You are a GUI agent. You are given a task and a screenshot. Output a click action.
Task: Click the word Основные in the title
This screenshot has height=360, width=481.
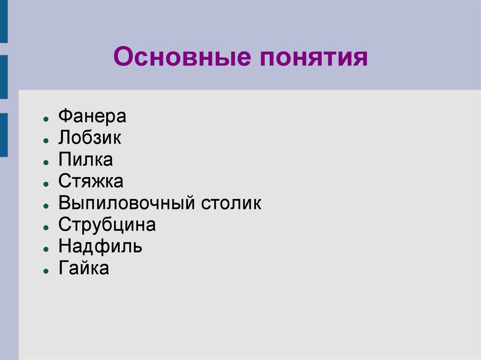179,58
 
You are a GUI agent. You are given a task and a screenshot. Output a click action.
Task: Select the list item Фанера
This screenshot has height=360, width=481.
92,116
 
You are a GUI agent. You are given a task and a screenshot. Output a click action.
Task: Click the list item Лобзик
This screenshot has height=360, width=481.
90,138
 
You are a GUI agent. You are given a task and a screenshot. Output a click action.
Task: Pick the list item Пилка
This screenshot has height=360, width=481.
85,160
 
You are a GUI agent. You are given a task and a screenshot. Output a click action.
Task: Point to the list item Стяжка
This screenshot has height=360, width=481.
91,181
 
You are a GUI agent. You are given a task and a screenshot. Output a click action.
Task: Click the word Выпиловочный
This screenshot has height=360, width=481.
126,204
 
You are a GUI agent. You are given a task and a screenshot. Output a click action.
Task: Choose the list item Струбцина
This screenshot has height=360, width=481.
107,225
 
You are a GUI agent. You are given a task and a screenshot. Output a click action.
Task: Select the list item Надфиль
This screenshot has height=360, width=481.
100,246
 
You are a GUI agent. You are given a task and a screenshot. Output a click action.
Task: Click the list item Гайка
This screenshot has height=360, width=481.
84,268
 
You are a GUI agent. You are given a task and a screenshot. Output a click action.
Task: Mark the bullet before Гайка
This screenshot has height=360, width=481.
44,271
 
